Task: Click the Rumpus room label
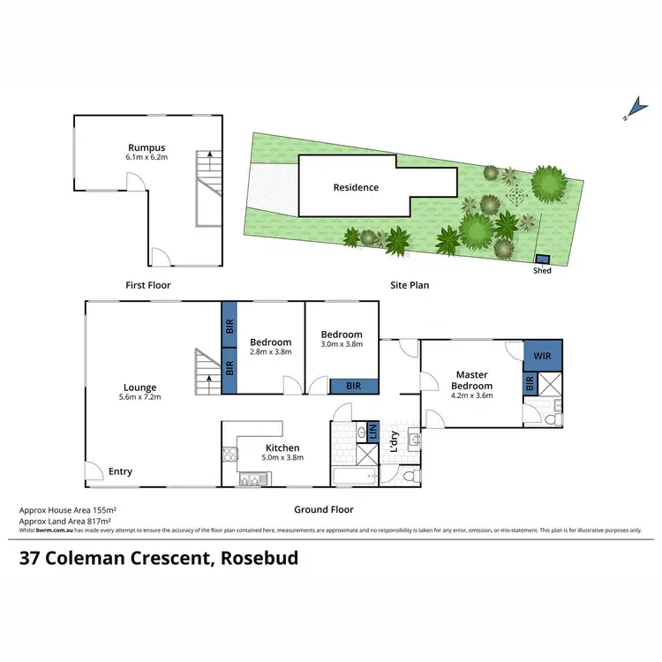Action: pos(147,147)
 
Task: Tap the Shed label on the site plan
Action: pos(542,270)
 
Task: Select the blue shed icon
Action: pos(542,260)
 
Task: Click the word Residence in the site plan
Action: pos(356,187)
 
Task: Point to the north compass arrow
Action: pos(628,111)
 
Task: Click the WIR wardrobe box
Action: pos(542,356)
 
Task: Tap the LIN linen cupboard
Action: pos(372,433)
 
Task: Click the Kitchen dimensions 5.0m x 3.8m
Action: pos(283,458)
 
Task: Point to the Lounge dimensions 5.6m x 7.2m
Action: pos(139,397)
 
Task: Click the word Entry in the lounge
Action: pos(120,471)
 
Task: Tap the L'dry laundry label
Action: pos(395,447)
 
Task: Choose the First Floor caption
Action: pos(147,285)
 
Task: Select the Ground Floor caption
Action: pos(324,509)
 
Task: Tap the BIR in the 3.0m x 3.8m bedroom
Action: pos(354,386)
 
